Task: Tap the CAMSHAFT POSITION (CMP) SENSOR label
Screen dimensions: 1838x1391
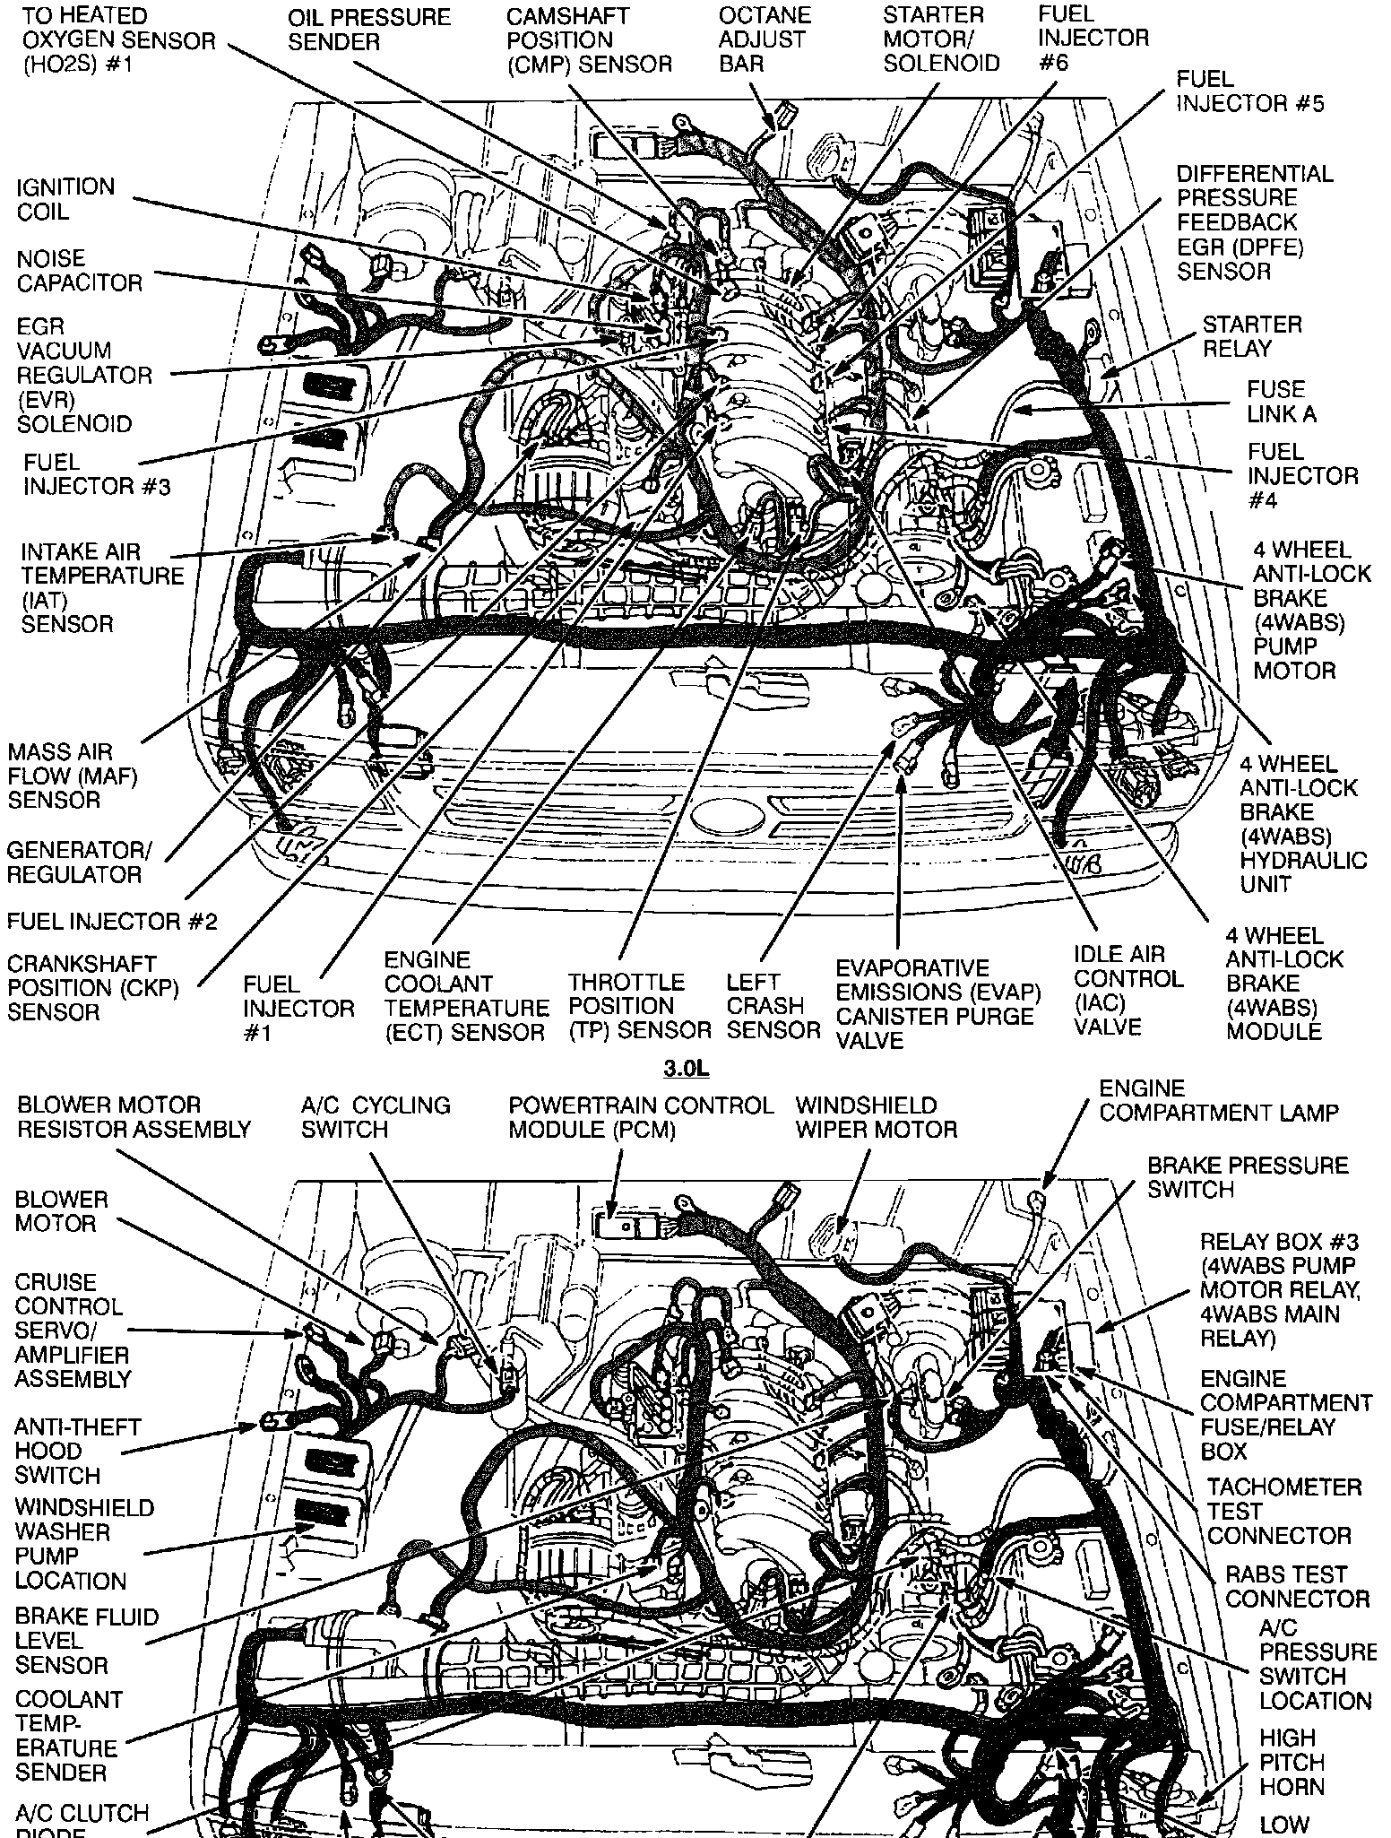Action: click(588, 40)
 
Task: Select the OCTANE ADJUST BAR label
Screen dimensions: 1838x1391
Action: click(765, 39)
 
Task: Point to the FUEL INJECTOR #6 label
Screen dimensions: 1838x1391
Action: click(1093, 38)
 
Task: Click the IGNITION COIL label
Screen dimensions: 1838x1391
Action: click(65, 199)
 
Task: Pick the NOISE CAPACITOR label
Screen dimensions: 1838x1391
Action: click(79, 271)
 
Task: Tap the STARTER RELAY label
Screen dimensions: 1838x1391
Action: click(1251, 336)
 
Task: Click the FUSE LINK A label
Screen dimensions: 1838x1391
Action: click(1275, 402)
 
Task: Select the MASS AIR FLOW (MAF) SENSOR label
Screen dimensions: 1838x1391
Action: click(73, 776)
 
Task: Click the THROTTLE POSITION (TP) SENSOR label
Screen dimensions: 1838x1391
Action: click(639, 1006)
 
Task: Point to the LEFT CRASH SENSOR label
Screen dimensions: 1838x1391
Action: click(773, 1006)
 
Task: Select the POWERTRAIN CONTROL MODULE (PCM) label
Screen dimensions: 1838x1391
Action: click(640, 1117)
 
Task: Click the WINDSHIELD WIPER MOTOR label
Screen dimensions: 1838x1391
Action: click(876, 1117)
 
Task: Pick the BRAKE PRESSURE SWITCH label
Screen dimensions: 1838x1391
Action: click(1247, 1176)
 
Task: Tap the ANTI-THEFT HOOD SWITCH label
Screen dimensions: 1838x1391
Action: click(77, 1451)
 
